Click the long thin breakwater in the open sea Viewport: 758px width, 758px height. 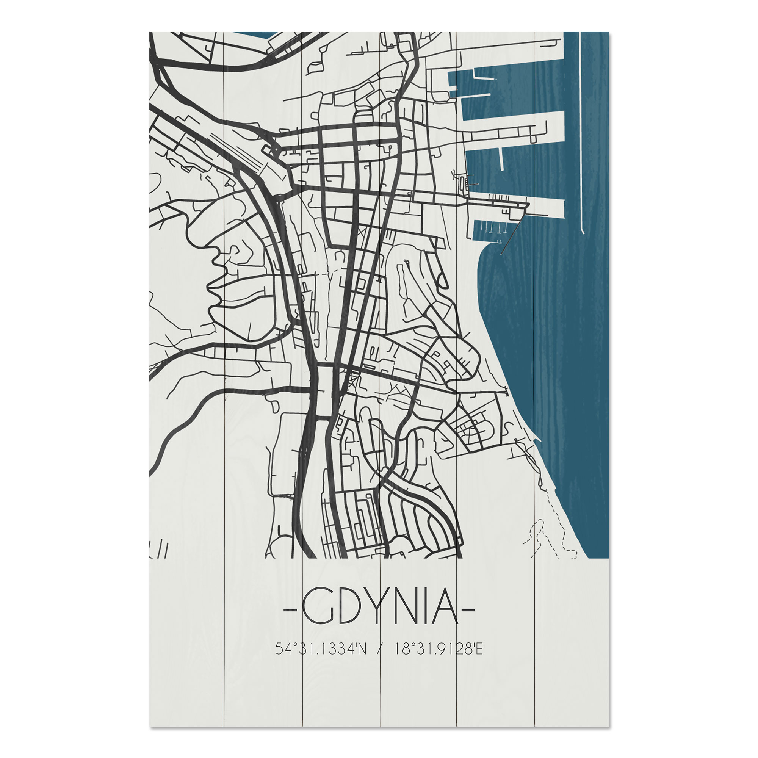click(x=581, y=133)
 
